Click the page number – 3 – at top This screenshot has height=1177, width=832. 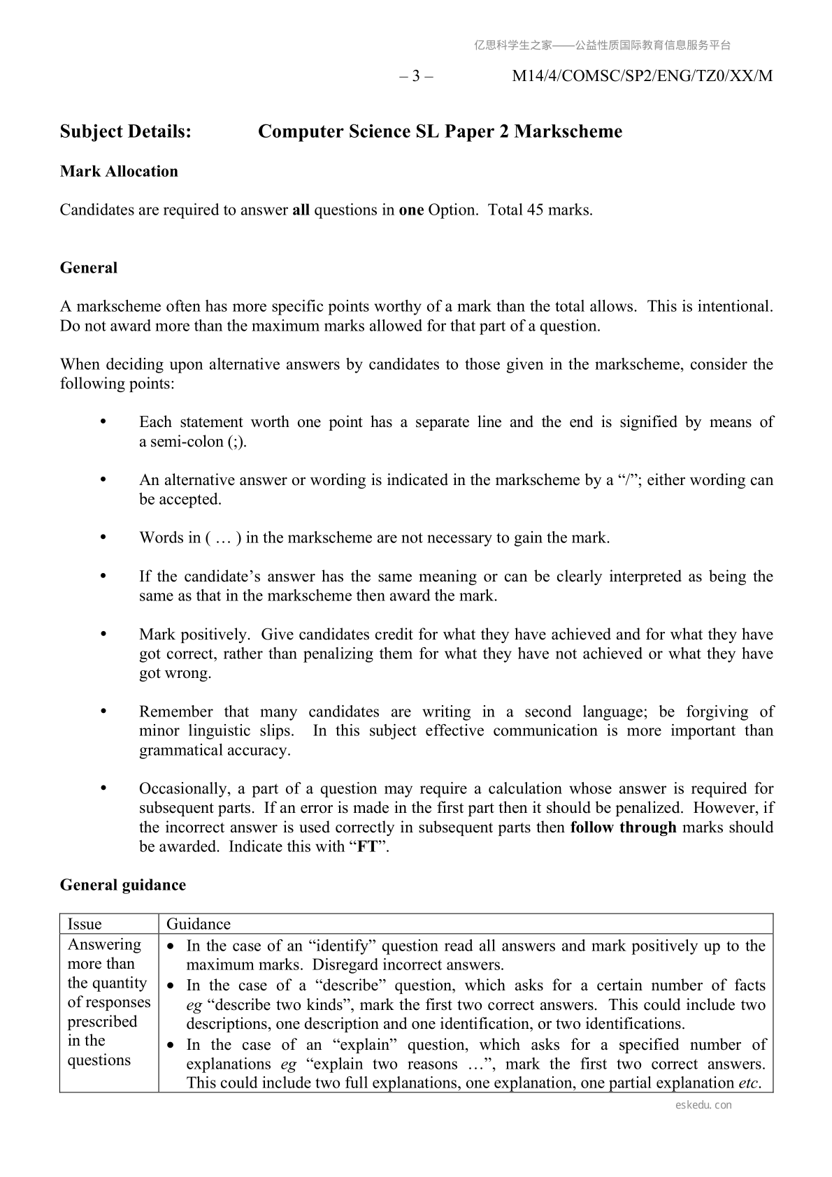click(416, 76)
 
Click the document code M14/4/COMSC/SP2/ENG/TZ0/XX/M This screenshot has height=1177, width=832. click(642, 76)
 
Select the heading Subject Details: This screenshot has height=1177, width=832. click(126, 131)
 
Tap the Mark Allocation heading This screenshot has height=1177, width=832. click(119, 171)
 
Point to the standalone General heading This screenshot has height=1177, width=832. click(89, 268)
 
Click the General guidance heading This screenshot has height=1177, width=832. click(123, 885)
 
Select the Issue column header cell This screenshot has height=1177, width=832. click(85, 924)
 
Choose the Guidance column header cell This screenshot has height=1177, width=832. click(199, 924)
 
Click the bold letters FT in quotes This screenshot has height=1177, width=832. click(367, 847)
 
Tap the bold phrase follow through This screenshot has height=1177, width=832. click(623, 828)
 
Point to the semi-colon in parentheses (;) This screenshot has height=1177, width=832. click(238, 442)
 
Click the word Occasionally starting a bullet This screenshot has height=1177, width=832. click(184, 789)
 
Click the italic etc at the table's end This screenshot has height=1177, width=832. click(749, 1083)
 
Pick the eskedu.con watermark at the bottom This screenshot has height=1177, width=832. click(704, 1105)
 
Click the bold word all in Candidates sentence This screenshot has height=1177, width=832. click(301, 210)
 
